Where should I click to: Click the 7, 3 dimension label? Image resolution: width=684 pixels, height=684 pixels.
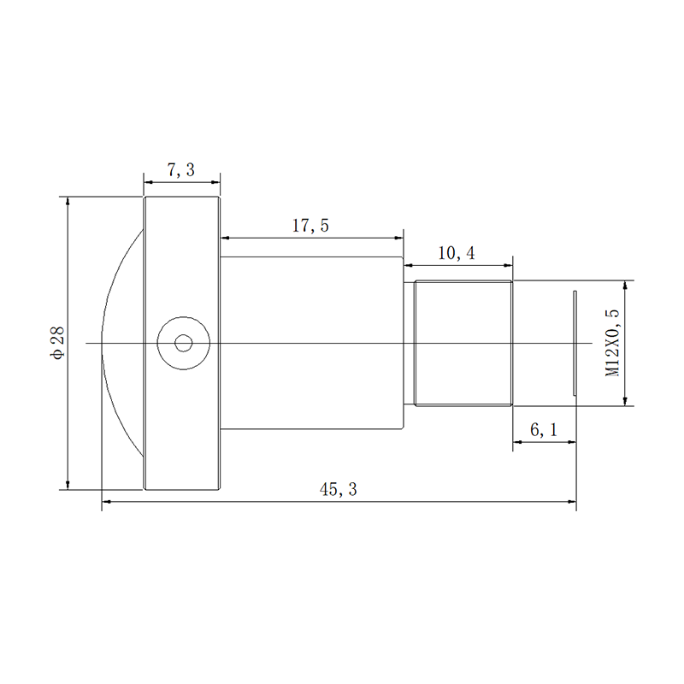click(181, 169)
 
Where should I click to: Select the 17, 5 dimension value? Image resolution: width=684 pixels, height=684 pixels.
click(310, 226)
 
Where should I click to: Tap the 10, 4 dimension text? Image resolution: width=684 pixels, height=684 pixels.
click(457, 253)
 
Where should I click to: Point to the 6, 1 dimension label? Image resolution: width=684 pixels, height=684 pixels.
click(544, 430)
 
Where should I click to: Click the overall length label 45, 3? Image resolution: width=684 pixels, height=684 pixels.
click(338, 489)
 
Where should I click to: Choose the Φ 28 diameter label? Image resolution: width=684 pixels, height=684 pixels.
click(57, 343)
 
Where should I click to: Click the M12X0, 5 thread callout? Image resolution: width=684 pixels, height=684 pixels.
click(612, 343)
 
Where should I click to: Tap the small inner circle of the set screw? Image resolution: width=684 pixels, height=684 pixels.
click(183, 344)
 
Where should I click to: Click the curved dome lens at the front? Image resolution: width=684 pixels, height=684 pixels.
click(104, 305)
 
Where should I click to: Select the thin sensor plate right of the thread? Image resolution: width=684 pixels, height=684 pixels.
click(575, 343)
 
